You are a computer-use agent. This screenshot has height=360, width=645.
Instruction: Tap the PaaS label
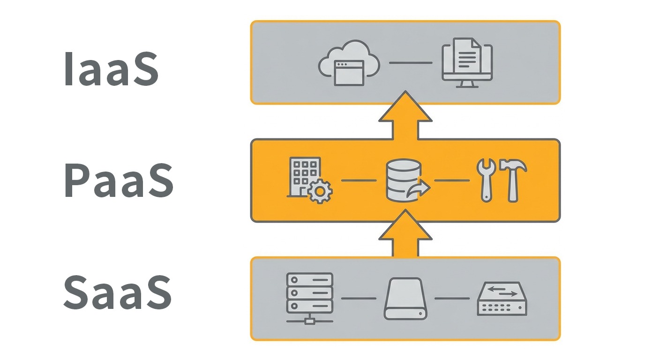click(x=118, y=181)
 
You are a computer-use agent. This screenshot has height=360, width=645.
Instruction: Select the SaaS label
click(x=117, y=292)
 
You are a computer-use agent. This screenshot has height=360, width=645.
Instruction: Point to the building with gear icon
click(x=308, y=180)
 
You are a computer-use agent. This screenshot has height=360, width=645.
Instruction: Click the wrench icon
click(x=486, y=180)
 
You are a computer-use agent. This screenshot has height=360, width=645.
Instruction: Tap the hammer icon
click(x=513, y=180)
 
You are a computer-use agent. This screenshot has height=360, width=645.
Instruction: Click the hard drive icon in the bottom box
click(x=405, y=299)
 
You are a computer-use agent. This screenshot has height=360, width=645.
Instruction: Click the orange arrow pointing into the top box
click(x=405, y=117)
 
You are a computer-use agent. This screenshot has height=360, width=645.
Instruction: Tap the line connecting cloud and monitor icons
click(x=411, y=63)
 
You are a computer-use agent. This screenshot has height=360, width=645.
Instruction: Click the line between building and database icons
click(x=359, y=180)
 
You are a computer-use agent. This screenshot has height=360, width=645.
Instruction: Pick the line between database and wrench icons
click(x=452, y=180)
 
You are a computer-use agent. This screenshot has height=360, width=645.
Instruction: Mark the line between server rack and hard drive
click(x=359, y=298)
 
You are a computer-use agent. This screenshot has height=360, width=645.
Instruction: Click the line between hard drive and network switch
click(x=452, y=298)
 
